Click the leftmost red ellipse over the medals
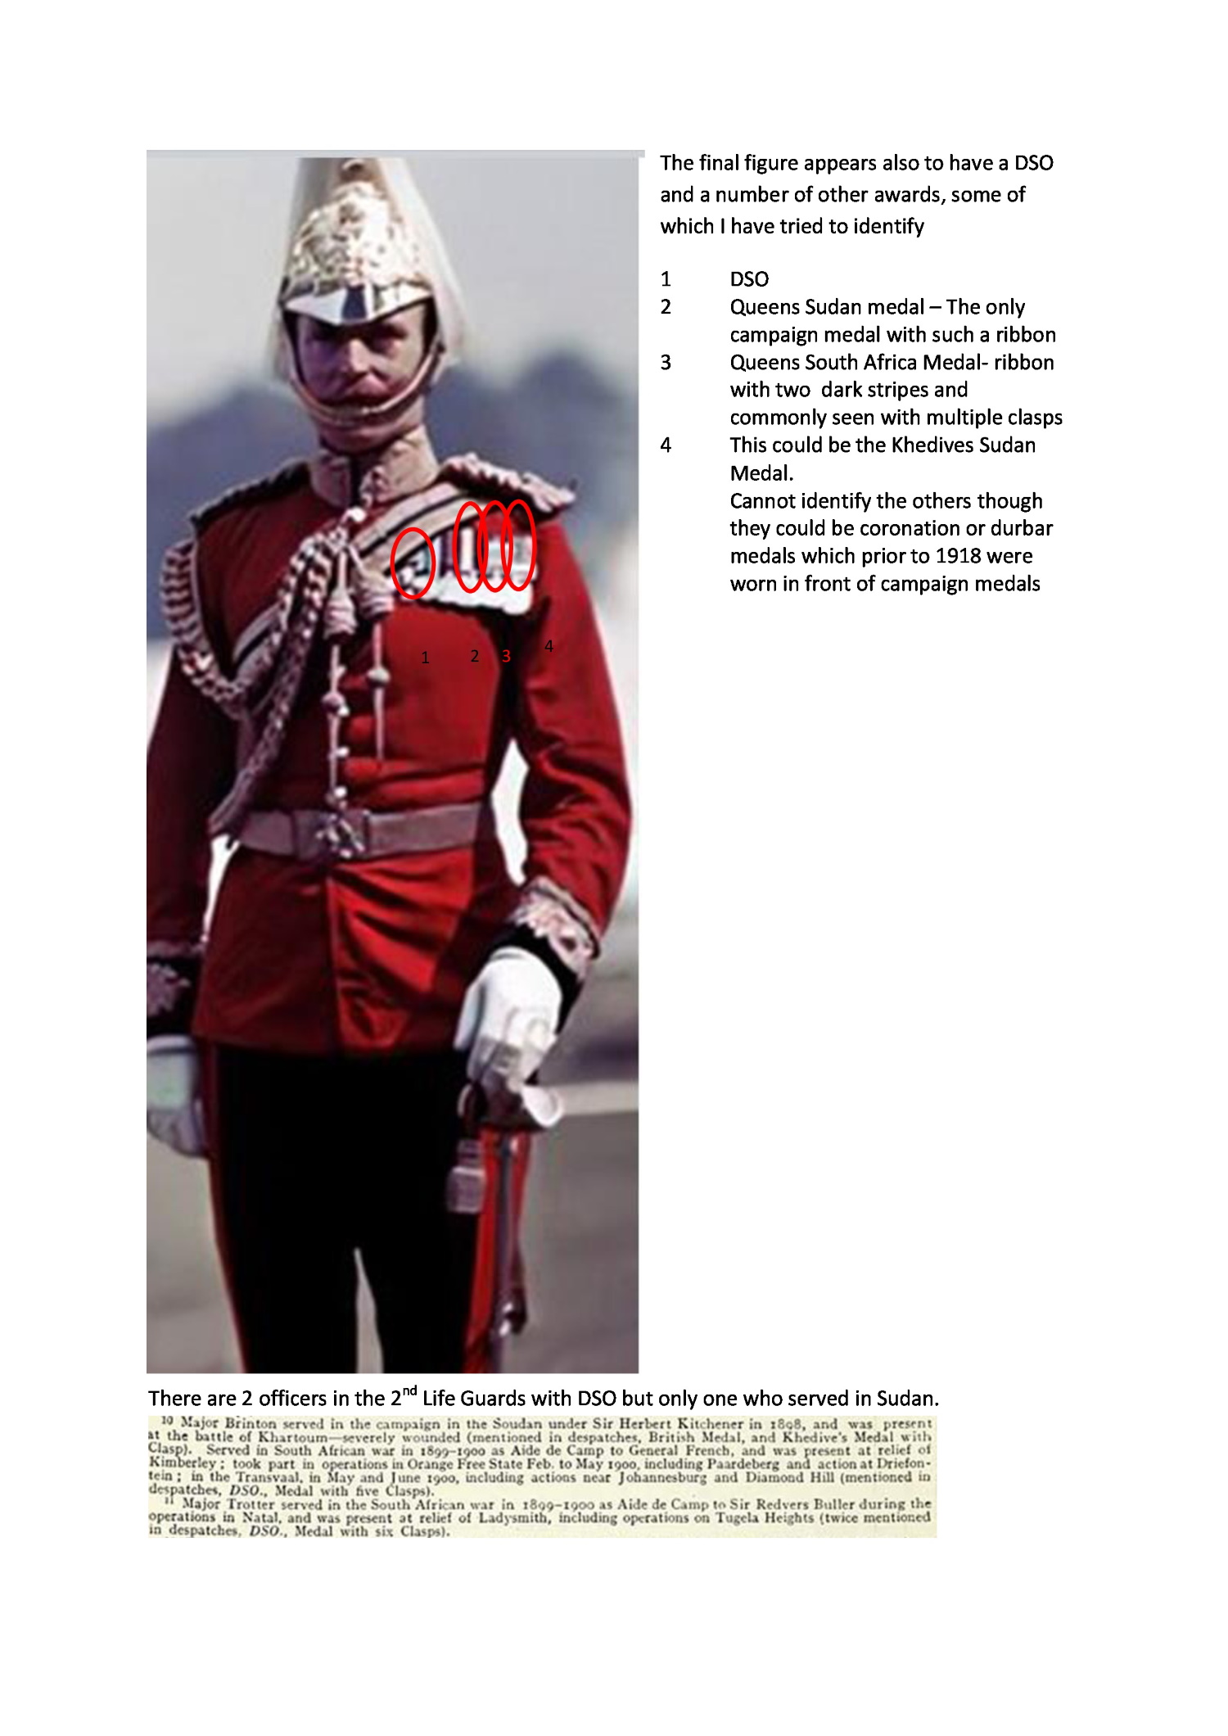413,563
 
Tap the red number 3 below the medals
506,656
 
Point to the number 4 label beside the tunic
549,646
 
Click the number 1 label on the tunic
425,658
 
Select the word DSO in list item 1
749,280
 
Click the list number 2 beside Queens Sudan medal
666,308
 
